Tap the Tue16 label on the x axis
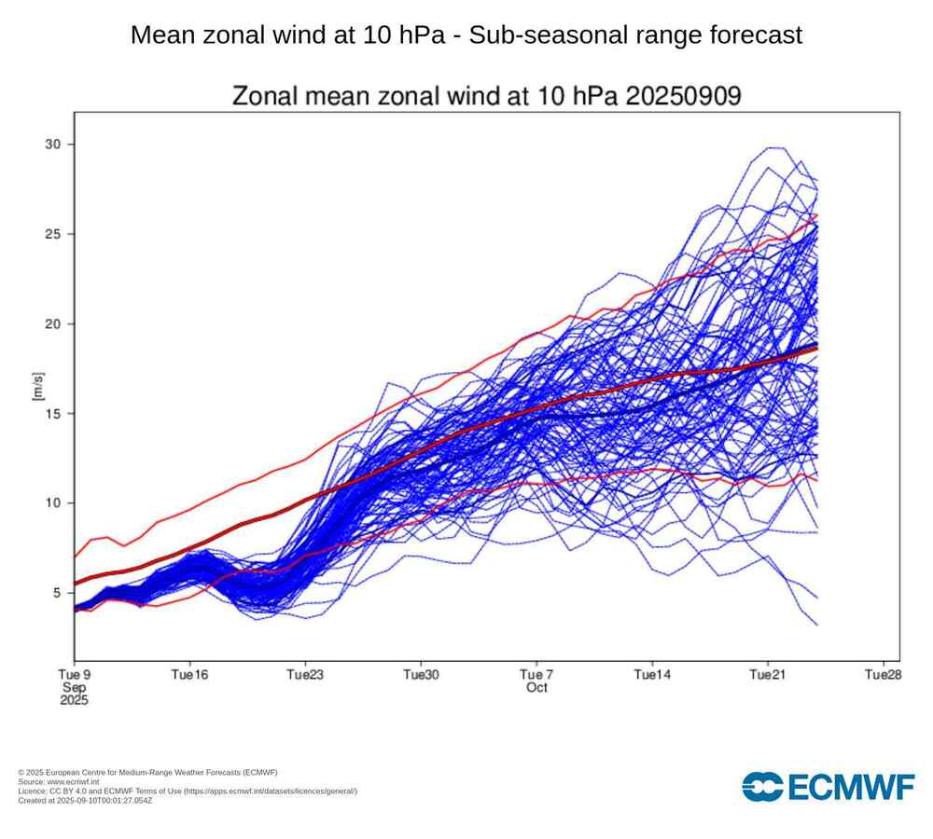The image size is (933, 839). click(x=189, y=674)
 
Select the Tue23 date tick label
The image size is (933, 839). click(x=305, y=674)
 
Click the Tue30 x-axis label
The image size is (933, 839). click(x=421, y=674)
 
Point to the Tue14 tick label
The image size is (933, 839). click(x=652, y=674)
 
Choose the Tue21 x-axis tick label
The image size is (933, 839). click(x=767, y=674)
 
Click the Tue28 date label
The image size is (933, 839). click(x=883, y=674)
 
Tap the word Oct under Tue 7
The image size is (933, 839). click(x=536, y=688)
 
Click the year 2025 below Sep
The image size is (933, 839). click(x=74, y=700)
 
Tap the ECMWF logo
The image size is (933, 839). click(x=828, y=786)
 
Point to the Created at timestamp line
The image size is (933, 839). click(x=85, y=800)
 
